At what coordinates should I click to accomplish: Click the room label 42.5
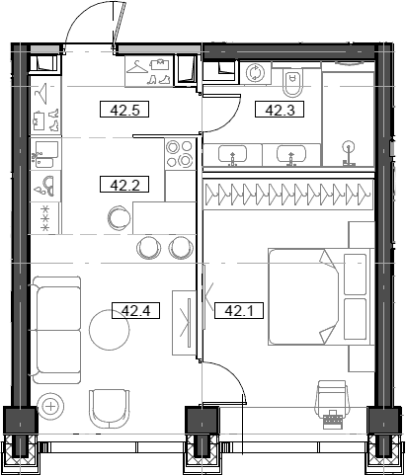point(124,110)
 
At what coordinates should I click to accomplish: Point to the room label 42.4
point(134,312)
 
